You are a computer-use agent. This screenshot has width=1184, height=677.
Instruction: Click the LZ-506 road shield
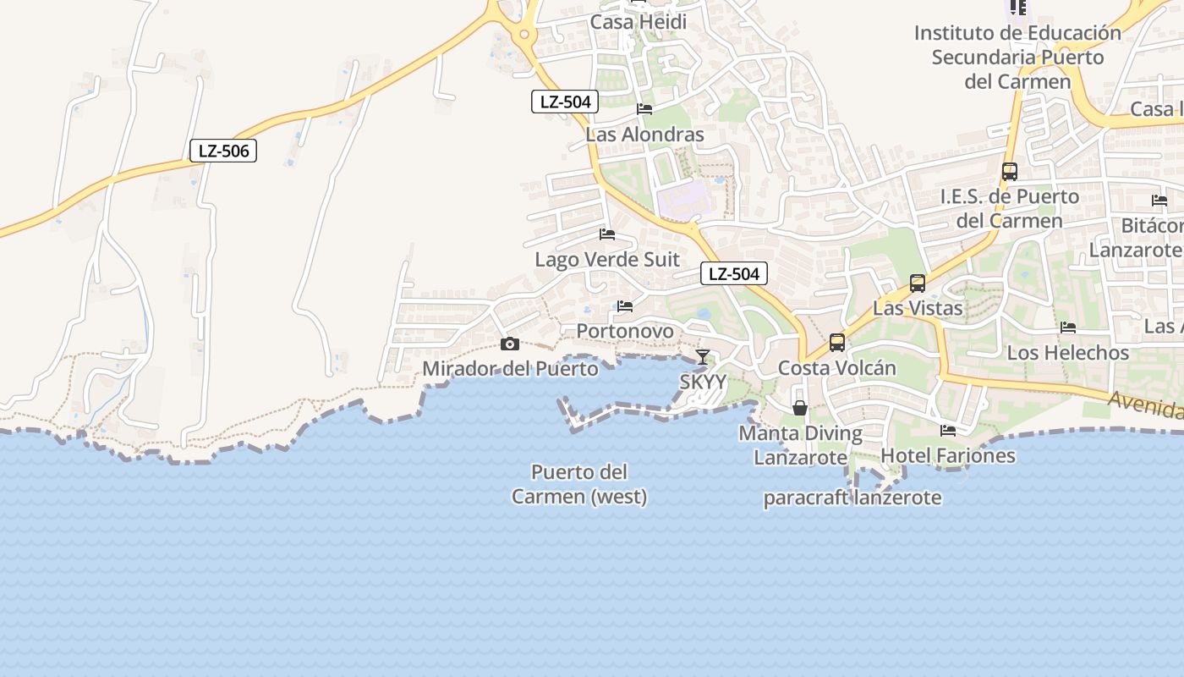[223, 151]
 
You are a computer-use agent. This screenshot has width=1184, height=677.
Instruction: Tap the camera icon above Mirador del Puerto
[509, 344]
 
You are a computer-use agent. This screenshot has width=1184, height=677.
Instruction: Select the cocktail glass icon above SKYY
[702, 357]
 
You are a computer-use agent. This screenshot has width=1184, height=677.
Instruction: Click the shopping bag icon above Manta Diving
[799, 408]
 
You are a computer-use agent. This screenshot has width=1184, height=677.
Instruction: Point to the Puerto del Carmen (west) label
[579, 484]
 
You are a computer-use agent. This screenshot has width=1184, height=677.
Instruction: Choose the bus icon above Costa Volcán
[836, 343]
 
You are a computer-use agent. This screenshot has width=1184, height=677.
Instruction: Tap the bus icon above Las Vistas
[918, 283]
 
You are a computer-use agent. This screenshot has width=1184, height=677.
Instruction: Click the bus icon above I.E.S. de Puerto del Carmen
[1009, 172]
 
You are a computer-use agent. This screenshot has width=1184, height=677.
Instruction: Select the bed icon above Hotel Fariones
[948, 431]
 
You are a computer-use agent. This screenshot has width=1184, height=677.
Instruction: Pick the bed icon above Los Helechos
[1068, 327]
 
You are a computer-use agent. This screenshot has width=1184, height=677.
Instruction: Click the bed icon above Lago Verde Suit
[607, 234]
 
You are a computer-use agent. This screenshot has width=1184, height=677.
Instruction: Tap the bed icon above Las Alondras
[644, 109]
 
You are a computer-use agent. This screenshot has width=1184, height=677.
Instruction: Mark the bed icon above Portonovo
[625, 306]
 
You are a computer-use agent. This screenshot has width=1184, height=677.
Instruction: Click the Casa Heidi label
[639, 22]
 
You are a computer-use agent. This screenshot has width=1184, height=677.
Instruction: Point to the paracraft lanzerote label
[852, 498]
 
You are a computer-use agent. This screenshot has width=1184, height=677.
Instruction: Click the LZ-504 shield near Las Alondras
[565, 102]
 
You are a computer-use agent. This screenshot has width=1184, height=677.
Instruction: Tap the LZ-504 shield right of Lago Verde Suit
[734, 273]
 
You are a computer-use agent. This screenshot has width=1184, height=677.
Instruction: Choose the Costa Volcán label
[836, 368]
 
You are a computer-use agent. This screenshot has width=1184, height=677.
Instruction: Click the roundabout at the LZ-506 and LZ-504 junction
[524, 35]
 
